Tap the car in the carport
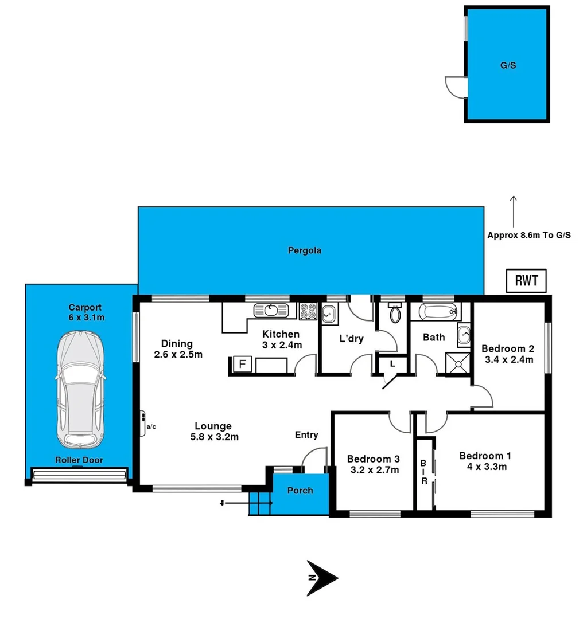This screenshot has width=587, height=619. [80, 390]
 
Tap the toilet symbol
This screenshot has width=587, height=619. [394, 314]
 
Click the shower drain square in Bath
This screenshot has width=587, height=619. [457, 363]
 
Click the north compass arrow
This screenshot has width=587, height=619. [321, 577]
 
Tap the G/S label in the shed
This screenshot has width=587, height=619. [507, 65]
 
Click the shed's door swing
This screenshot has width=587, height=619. [456, 86]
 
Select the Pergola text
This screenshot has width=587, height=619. [305, 250]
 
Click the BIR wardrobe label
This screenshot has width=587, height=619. [425, 472]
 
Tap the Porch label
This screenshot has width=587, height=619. [300, 491]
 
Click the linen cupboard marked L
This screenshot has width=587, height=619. [392, 363]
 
